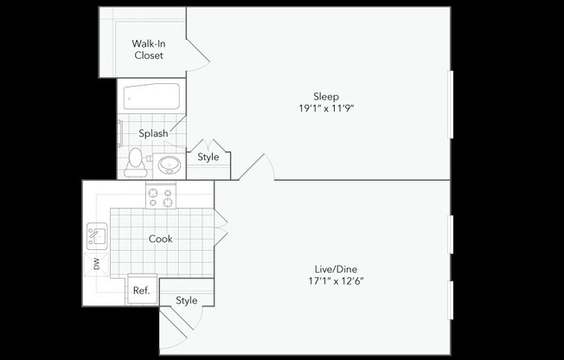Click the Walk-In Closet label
click(x=148, y=49)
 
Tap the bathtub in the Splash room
click(x=151, y=98)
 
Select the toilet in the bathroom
click(x=135, y=161)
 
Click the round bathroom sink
click(x=167, y=164)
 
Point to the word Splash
click(x=153, y=133)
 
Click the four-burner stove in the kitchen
click(x=160, y=197)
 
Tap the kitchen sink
click(x=96, y=235)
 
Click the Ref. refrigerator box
click(x=141, y=291)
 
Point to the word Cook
click(x=160, y=239)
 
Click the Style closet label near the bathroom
click(x=208, y=157)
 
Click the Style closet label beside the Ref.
click(x=186, y=300)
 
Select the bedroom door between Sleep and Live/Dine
click(x=258, y=167)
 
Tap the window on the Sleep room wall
click(x=451, y=104)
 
